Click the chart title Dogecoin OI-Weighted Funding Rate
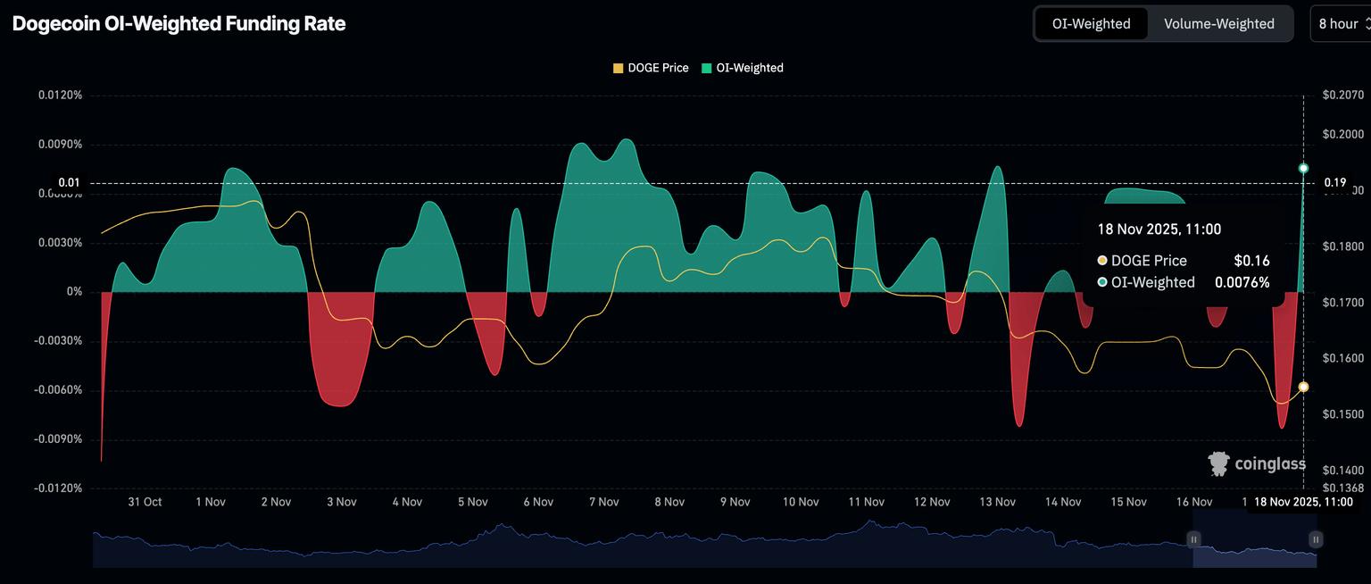[x=179, y=24]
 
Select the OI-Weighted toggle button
[x=1091, y=24]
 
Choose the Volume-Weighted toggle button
[x=1218, y=24]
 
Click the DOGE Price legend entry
[x=651, y=68]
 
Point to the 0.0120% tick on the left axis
[x=60, y=95]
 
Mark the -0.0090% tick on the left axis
[x=59, y=439]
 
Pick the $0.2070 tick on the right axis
[x=1342, y=95]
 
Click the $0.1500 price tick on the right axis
[x=1342, y=414]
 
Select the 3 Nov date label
[x=341, y=502]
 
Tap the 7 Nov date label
[x=603, y=502]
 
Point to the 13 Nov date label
[x=997, y=502]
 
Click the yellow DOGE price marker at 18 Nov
[x=1304, y=387]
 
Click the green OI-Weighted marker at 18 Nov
[x=1304, y=168]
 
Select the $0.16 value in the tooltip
[x=1251, y=261]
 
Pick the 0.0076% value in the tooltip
[x=1242, y=282]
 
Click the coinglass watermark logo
[x=1257, y=463]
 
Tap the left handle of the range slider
[x=1193, y=539]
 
